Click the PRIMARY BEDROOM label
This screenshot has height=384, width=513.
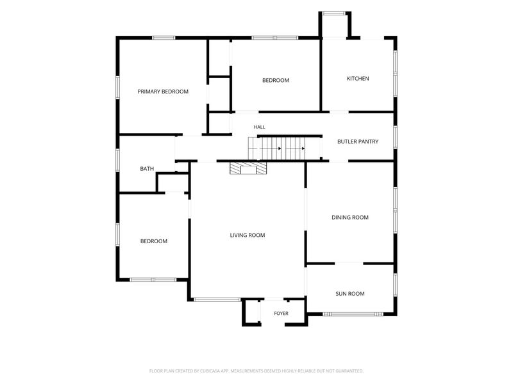(x=163, y=92)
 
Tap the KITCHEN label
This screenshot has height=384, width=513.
(x=358, y=78)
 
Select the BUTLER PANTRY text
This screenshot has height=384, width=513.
(x=358, y=141)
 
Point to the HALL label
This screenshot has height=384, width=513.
(x=260, y=127)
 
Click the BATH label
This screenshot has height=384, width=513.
(x=147, y=168)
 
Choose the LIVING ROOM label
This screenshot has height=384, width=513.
(x=248, y=235)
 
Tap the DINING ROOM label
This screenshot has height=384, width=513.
(x=350, y=217)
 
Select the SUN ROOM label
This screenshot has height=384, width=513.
(x=350, y=294)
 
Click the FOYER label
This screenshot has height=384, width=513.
(x=282, y=314)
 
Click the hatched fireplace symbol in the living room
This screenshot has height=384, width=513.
(x=248, y=168)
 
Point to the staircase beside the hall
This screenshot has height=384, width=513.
(x=276, y=148)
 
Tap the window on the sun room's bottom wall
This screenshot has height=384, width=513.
(x=353, y=314)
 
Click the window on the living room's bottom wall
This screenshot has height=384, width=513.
(x=217, y=300)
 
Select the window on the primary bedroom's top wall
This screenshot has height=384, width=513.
(x=164, y=38)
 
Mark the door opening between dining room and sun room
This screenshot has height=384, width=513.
(x=349, y=263)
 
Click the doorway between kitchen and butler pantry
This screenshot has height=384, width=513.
(x=339, y=112)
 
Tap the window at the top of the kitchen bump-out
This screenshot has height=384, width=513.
(x=333, y=13)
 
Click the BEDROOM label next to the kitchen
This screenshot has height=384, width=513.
(x=276, y=81)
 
